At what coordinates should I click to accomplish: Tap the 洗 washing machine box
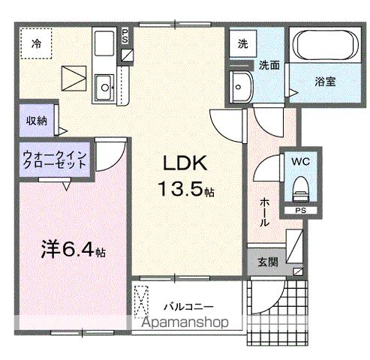pos(242,43)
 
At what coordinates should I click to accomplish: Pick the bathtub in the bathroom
pos(325,46)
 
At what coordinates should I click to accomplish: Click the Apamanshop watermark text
pos(196,323)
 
